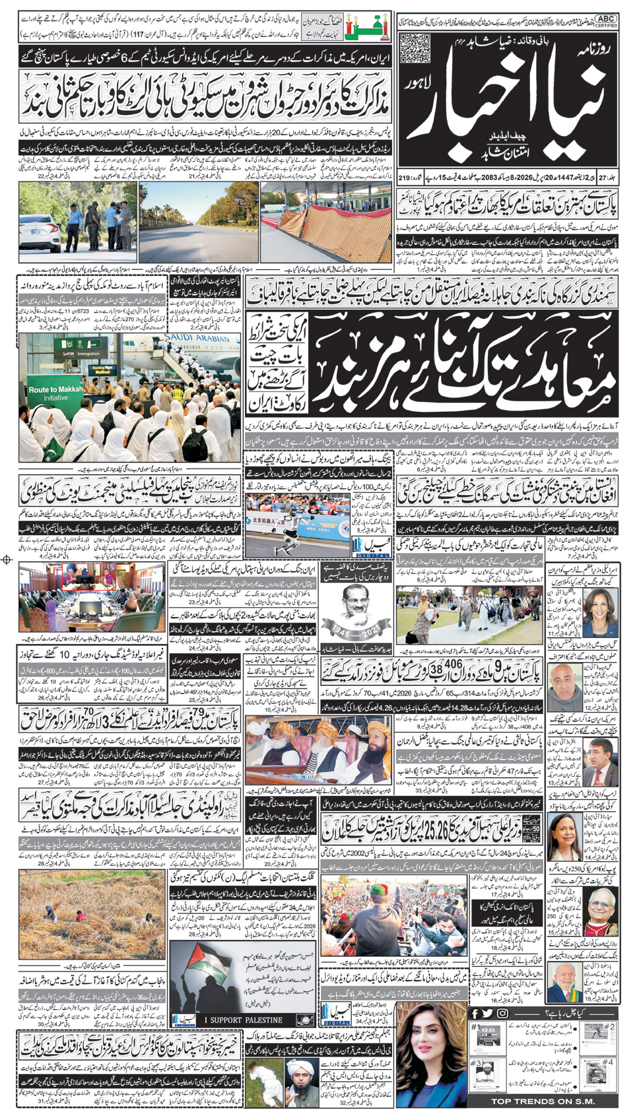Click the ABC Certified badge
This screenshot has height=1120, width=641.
coord(606,21)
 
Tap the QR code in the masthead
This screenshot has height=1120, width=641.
coord(415,47)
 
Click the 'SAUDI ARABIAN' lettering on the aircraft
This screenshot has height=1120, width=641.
coord(200,338)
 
